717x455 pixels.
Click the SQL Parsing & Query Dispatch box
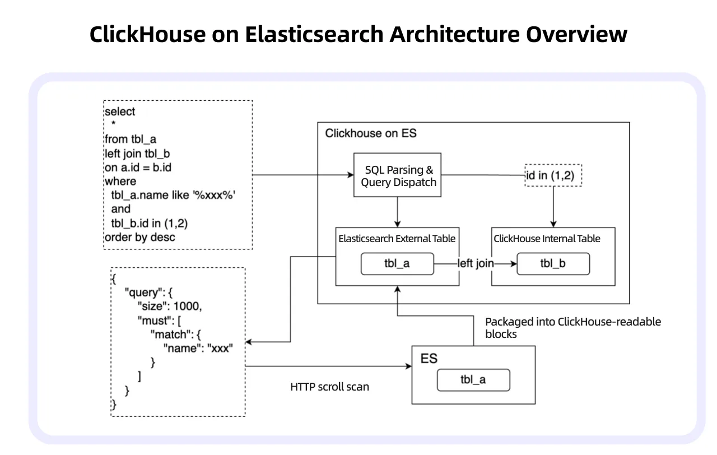coord(397,175)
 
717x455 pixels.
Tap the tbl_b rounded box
coord(553,263)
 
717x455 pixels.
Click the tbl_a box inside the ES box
coord(473,379)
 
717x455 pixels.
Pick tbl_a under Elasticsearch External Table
coord(397,263)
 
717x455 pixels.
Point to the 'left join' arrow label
coord(475,263)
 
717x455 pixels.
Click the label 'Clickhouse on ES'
coord(371,133)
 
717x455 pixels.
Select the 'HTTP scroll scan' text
coord(329,387)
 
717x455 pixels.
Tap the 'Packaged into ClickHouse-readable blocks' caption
coord(572,328)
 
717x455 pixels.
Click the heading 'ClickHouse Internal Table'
coord(547,239)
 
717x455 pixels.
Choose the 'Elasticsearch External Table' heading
coord(397,239)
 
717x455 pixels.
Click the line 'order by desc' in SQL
coord(139,237)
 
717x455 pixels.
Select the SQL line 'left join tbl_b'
coord(137,153)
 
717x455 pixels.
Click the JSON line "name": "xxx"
coord(197,348)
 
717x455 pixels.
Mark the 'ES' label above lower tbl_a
coord(429,358)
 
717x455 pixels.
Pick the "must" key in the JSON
coord(153,321)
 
